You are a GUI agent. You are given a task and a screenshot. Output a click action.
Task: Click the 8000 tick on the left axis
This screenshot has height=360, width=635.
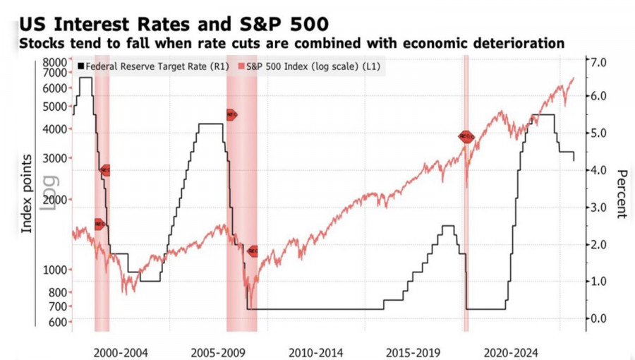(54, 62)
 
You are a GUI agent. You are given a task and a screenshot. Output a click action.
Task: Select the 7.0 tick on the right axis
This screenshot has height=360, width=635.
(599, 62)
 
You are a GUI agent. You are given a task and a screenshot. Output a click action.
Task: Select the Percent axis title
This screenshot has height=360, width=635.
(622, 194)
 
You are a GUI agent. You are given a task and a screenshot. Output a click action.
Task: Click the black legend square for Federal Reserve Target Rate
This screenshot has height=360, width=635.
(81, 67)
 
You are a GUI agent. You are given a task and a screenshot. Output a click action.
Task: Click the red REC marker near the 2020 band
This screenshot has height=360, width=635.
(466, 136)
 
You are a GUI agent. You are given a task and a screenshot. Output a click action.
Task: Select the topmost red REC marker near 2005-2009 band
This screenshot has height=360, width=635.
(231, 114)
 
